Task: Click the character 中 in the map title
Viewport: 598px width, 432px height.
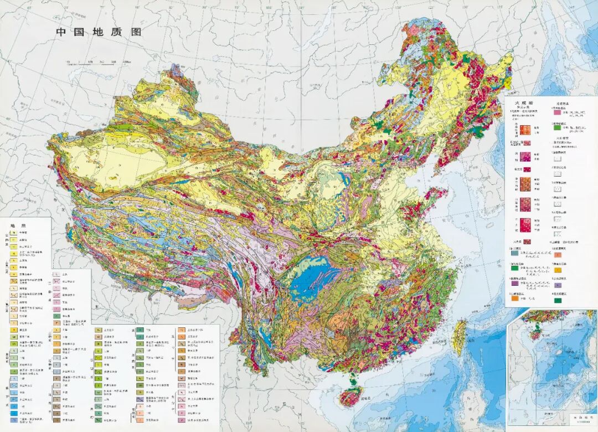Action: coord(61,32)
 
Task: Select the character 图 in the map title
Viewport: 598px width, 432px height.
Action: coord(135,32)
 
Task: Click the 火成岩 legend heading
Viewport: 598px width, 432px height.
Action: coord(523,103)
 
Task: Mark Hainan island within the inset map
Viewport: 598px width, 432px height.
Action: coord(535,336)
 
